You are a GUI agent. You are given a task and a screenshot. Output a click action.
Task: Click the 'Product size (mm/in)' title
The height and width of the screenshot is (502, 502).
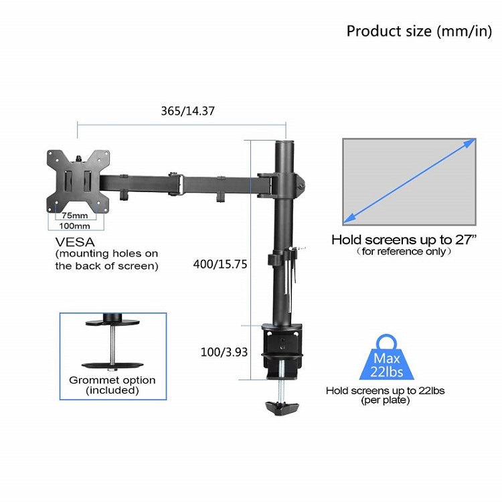(x=419, y=31)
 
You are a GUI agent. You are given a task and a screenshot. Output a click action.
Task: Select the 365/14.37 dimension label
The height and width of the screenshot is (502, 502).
(x=187, y=111)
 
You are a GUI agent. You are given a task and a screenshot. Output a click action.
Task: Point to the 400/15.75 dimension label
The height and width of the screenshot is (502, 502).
(x=220, y=264)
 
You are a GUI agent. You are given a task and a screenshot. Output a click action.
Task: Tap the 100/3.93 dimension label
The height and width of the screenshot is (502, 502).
(x=224, y=352)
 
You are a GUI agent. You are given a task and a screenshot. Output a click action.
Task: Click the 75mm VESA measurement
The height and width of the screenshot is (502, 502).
(x=75, y=216)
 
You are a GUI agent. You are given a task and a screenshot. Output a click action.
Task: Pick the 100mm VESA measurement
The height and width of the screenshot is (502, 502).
(x=74, y=226)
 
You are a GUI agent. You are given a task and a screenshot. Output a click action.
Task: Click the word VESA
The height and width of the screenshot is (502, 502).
(x=75, y=242)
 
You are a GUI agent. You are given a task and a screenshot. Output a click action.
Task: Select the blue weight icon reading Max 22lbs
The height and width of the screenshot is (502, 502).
(x=387, y=358)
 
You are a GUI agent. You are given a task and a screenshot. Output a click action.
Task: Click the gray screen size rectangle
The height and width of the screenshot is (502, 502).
(x=409, y=182)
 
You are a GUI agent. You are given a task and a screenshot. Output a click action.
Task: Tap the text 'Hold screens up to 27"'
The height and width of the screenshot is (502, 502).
(x=404, y=240)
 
